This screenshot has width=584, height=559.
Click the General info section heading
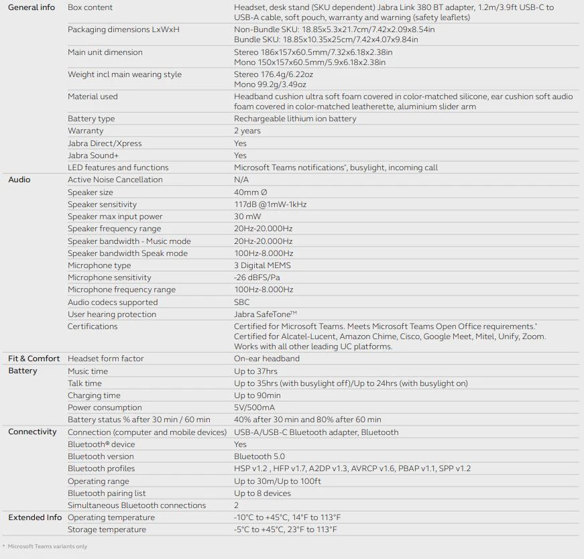point(32,7)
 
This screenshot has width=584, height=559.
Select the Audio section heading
point(19,180)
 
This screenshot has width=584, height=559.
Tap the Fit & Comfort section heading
point(34,359)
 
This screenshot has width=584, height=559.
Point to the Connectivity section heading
point(32,432)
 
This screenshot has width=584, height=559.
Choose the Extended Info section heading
point(35,517)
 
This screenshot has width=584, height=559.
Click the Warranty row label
point(86,131)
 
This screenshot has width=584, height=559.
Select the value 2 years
point(247,131)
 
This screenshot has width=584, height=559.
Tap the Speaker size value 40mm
point(250,192)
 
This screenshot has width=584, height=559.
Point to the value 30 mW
point(248,216)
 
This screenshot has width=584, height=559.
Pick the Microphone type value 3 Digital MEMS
point(262,265)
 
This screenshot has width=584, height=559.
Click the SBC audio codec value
point(241,302)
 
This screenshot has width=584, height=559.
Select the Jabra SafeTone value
point(266,314)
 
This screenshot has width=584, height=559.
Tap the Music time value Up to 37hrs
point(255,371)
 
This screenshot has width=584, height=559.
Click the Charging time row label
point(94,395)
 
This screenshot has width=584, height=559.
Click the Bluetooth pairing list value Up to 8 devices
point(262,493)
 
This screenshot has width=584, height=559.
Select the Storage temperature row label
point(107,530)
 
